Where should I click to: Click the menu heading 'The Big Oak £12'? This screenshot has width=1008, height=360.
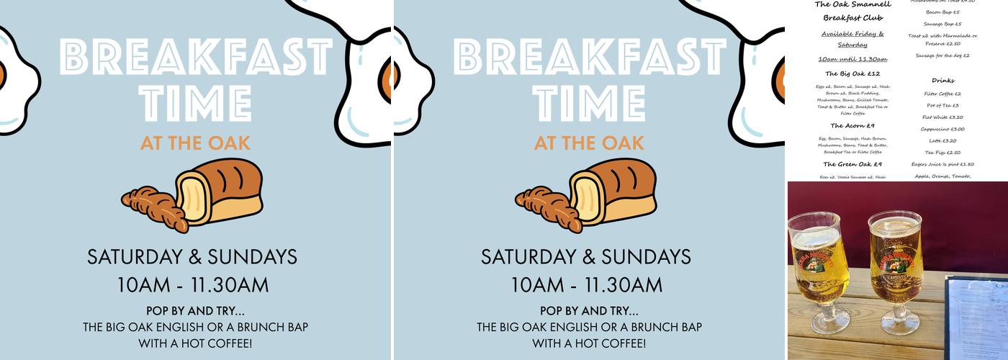click(852, 73)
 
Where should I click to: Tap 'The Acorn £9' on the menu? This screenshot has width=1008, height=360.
click(852, 126)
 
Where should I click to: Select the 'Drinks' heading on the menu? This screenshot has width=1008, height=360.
click(942, 81)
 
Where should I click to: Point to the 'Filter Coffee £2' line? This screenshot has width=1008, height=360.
click(942, 94)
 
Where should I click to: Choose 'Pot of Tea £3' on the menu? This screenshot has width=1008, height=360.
click(942, 105)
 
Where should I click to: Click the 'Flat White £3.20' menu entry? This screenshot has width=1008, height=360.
click(942, 117)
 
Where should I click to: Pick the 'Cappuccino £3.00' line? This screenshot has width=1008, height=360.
click(942, 129)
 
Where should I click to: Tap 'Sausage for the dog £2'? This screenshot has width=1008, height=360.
click(942, 55)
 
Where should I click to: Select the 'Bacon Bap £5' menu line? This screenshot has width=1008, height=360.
click(942, 12)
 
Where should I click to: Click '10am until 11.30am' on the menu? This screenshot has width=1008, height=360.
click(852, 59)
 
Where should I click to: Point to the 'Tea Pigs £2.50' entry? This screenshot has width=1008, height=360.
click(942, 153)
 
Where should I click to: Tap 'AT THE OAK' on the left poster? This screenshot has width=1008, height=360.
click(195, 143)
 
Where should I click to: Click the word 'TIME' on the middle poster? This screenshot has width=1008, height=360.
click(589, 104)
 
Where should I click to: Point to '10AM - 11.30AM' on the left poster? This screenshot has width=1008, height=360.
click(192, 285)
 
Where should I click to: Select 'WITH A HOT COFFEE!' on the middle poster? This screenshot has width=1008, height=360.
click(589, 343)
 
